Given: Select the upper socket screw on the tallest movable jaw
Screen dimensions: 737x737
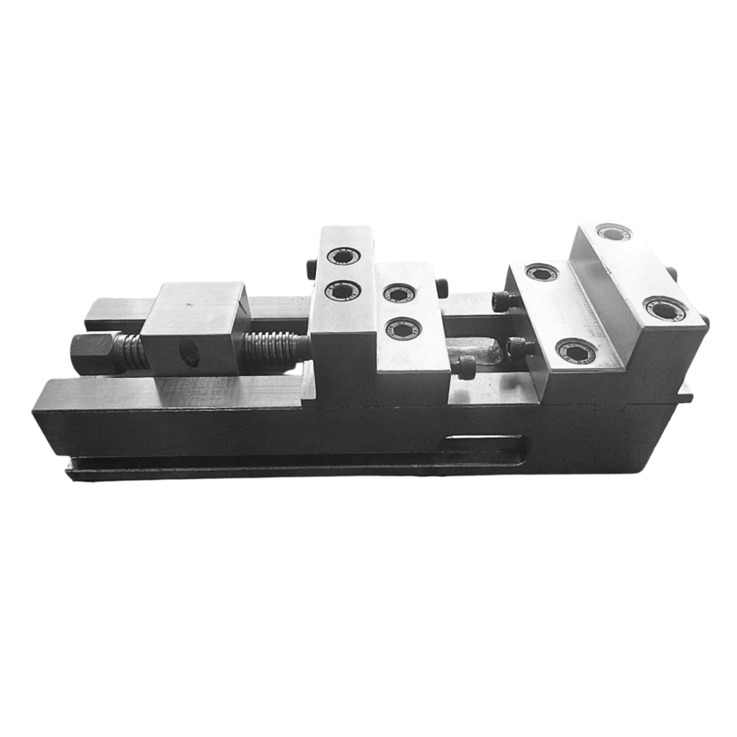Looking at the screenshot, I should (x=340, y=257).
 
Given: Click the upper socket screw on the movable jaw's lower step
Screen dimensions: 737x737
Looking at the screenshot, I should (x=399, y=293).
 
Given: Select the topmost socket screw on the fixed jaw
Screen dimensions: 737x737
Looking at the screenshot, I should (x=613, y=233).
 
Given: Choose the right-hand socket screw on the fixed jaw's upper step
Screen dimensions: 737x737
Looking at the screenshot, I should (x=664, y=308).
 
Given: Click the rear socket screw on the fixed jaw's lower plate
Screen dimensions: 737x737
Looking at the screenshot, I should (x=542, y=273).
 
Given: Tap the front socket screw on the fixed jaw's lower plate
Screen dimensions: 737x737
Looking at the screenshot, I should (x=576, y=351).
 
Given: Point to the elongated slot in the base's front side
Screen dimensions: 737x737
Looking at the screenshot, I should (x=483, y=444).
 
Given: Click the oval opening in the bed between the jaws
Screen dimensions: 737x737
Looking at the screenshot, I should (x=479, y=352).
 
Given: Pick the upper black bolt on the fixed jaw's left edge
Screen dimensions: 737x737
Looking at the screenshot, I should (x=506, y=300).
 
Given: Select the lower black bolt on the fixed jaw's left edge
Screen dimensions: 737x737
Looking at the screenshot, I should (x=518, y=345).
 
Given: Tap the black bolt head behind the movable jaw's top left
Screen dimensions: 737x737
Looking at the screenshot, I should (x=310, y=265).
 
